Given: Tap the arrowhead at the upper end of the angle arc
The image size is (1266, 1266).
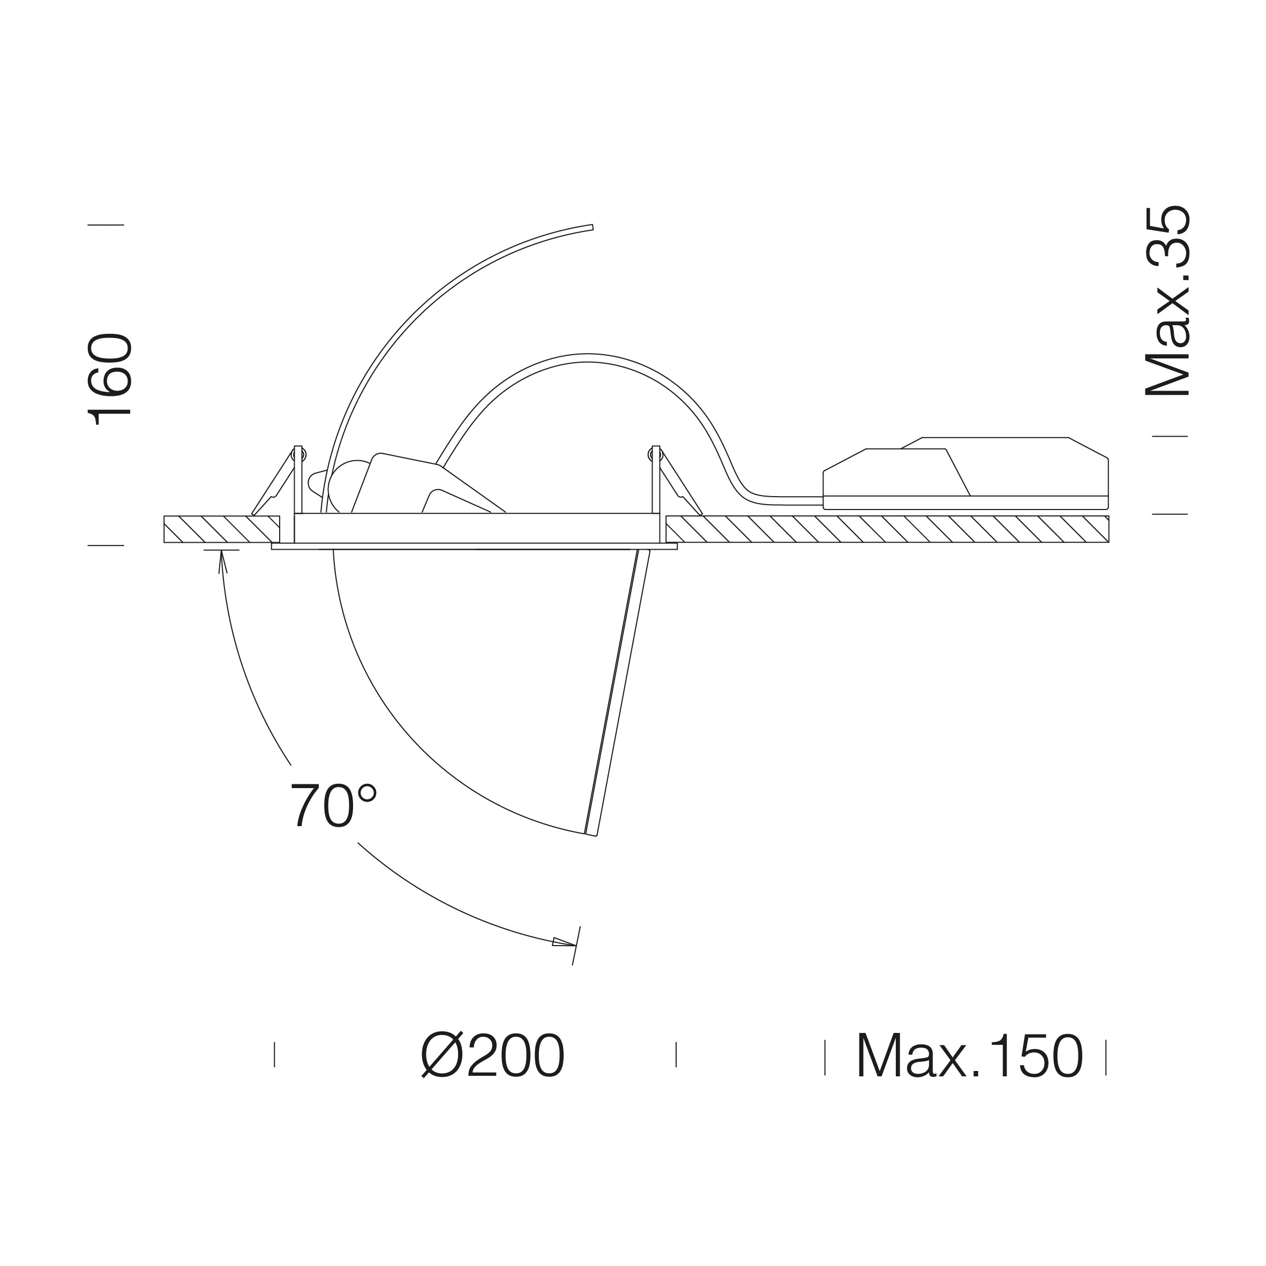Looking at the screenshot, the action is click(221, 562).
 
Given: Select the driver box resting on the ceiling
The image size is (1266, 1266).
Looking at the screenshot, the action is click(966, 473).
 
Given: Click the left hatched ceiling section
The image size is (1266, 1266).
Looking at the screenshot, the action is click(221, 529).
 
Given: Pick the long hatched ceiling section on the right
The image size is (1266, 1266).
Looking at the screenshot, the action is click(887, 529).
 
